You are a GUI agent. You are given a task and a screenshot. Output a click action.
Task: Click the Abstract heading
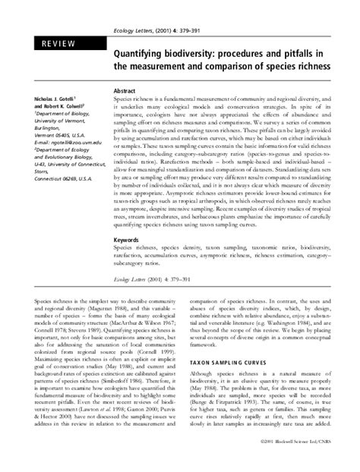[x=125, y=90]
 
